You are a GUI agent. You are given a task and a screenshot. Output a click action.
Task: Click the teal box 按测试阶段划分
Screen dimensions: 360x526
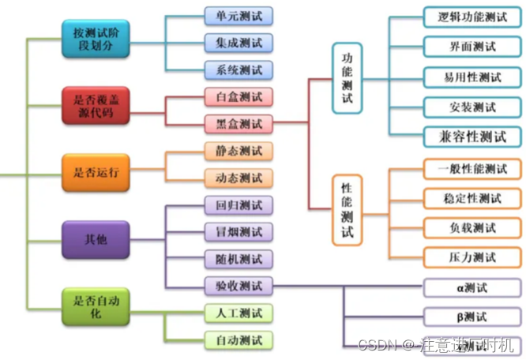[x=96, y=38]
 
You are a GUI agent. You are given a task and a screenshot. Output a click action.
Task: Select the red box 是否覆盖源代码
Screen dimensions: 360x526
[x=96, y=104]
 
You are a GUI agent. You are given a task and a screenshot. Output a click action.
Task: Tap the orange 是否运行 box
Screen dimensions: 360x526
[x=96, y=171]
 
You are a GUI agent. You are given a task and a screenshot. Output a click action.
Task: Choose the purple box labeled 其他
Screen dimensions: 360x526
[x=96, y=238]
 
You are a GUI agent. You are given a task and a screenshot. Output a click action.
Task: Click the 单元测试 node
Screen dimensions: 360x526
[x=239, y=16]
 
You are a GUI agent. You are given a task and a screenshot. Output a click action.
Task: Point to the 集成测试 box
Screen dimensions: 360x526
[x=239, y=43]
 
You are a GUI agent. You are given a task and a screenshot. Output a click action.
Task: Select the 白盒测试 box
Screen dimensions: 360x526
[x=239, y=98]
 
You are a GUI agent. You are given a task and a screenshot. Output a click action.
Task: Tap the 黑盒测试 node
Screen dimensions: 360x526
[x=239, y=124]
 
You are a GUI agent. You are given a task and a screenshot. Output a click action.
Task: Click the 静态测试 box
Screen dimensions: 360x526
[x=239, y=151]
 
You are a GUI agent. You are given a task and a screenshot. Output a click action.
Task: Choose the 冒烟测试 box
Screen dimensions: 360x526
[x=239, y=232]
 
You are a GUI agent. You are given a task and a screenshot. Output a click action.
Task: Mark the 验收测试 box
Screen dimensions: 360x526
[x=239, y=285]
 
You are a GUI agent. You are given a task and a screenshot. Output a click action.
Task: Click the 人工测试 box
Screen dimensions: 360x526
[x=239, y=313]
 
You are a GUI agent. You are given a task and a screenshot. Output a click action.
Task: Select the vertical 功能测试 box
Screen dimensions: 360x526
[x=347, y=81]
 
